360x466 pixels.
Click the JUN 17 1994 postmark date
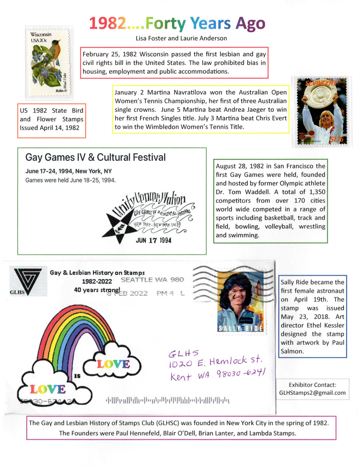153,240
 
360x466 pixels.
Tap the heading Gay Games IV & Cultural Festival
96,157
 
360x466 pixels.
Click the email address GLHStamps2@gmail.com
312,393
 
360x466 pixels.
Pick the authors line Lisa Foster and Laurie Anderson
181,38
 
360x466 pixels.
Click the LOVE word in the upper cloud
113,363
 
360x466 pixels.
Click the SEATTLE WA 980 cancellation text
153,280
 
